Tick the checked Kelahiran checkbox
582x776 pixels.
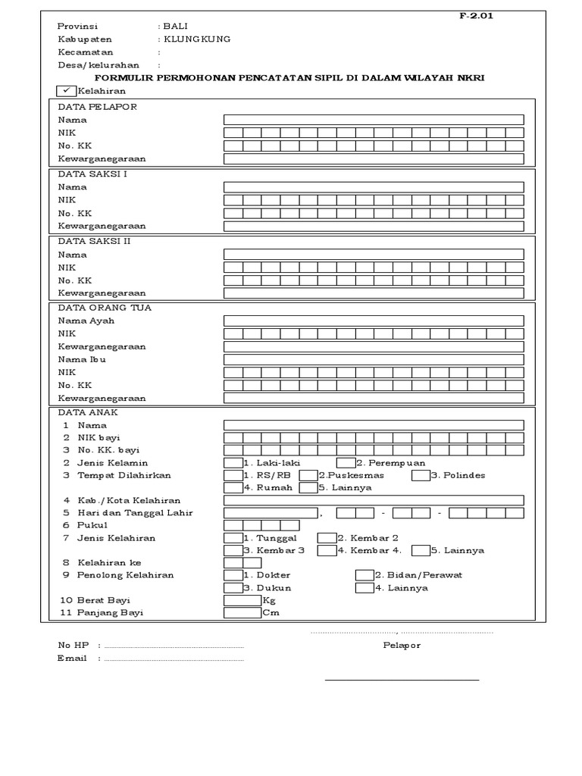[x=66, y=90]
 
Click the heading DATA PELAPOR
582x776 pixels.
[x=97, y=107]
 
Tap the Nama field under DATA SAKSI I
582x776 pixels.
[x=373, y=186]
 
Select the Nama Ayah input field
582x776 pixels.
[x=373, y=321]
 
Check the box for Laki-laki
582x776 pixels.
[x=233, y=462]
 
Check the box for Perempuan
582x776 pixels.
[x=346, y=462]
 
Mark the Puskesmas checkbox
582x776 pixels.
[x=308, y=475]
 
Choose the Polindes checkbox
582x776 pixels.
[x=421, y=475]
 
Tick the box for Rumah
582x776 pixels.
[x=233, y=488]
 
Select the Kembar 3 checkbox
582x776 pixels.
[x=233, y=550]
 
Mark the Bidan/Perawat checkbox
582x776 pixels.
[x=364, y=575]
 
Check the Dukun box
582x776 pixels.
[x=233, y=587]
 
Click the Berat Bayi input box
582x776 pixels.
[x=242, y=600]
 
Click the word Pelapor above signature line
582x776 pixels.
[x=402, y=646]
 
